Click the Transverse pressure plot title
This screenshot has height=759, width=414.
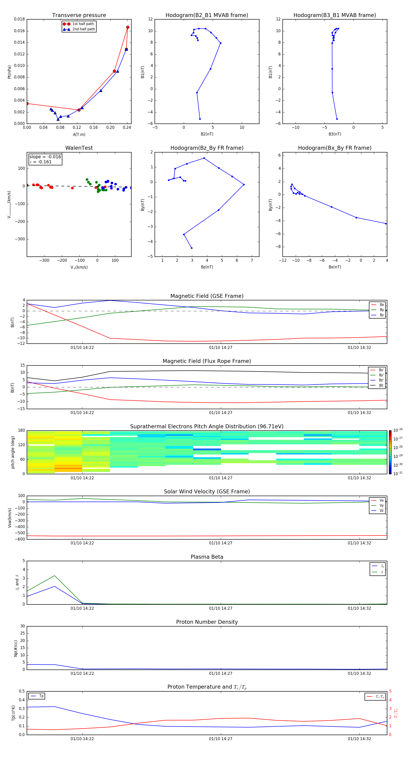point(79,15)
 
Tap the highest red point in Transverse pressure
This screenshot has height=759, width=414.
point(128,27)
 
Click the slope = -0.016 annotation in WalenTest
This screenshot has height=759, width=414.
point(45,157)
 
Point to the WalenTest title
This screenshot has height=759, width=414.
point(79,148)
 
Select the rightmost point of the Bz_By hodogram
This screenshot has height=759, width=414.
point(244,184)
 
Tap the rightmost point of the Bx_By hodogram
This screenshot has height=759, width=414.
point(386,224)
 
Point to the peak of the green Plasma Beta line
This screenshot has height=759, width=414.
point(55,576)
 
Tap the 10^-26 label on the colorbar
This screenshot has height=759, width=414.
point(398,430)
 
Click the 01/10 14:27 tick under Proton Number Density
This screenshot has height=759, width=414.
point(221,673)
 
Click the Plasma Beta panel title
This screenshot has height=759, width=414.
point(207,557)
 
